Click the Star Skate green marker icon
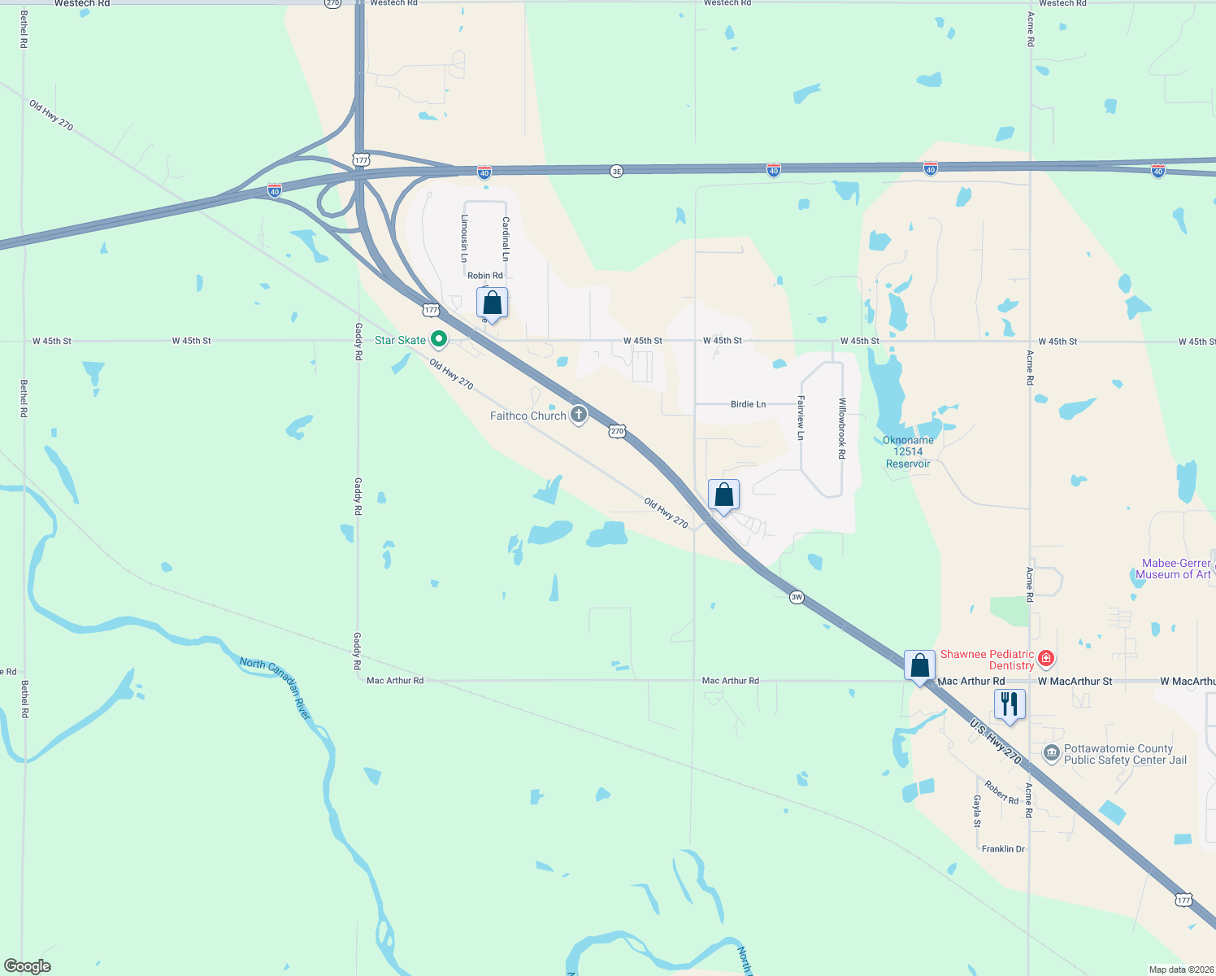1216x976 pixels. [x=439, y=339]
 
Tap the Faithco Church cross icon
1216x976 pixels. [x=579, y=415]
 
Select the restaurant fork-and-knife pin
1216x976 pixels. [x=1010, y=704]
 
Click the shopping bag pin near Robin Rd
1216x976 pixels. [x=492, y=303]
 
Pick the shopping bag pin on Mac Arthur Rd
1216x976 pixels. [x=919, y=666]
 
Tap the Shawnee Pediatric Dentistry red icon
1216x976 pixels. [x=1046, y=659]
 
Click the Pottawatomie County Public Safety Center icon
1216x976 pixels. [x=1052, y=753]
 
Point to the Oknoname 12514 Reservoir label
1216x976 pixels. [x=908, y=452]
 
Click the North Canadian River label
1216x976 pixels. [x=276, y=688]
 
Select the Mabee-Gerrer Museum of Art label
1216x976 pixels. [x=1175, y=569]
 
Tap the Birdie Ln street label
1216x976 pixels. [x=748, y=404]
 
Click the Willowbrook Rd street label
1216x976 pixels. [x=842, y=428]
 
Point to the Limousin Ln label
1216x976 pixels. [x=465, y=238]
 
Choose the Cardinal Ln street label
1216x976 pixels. [x=506, y=238]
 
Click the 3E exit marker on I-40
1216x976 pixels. [x=616, y=171]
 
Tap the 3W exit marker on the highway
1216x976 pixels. [x=797, y=597]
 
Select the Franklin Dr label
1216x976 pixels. [x=1003, y=849]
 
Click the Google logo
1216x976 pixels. [x=27, y=966]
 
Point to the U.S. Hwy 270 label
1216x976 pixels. [x=995, y=741]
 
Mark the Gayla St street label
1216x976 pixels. [x=977, y=811]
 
